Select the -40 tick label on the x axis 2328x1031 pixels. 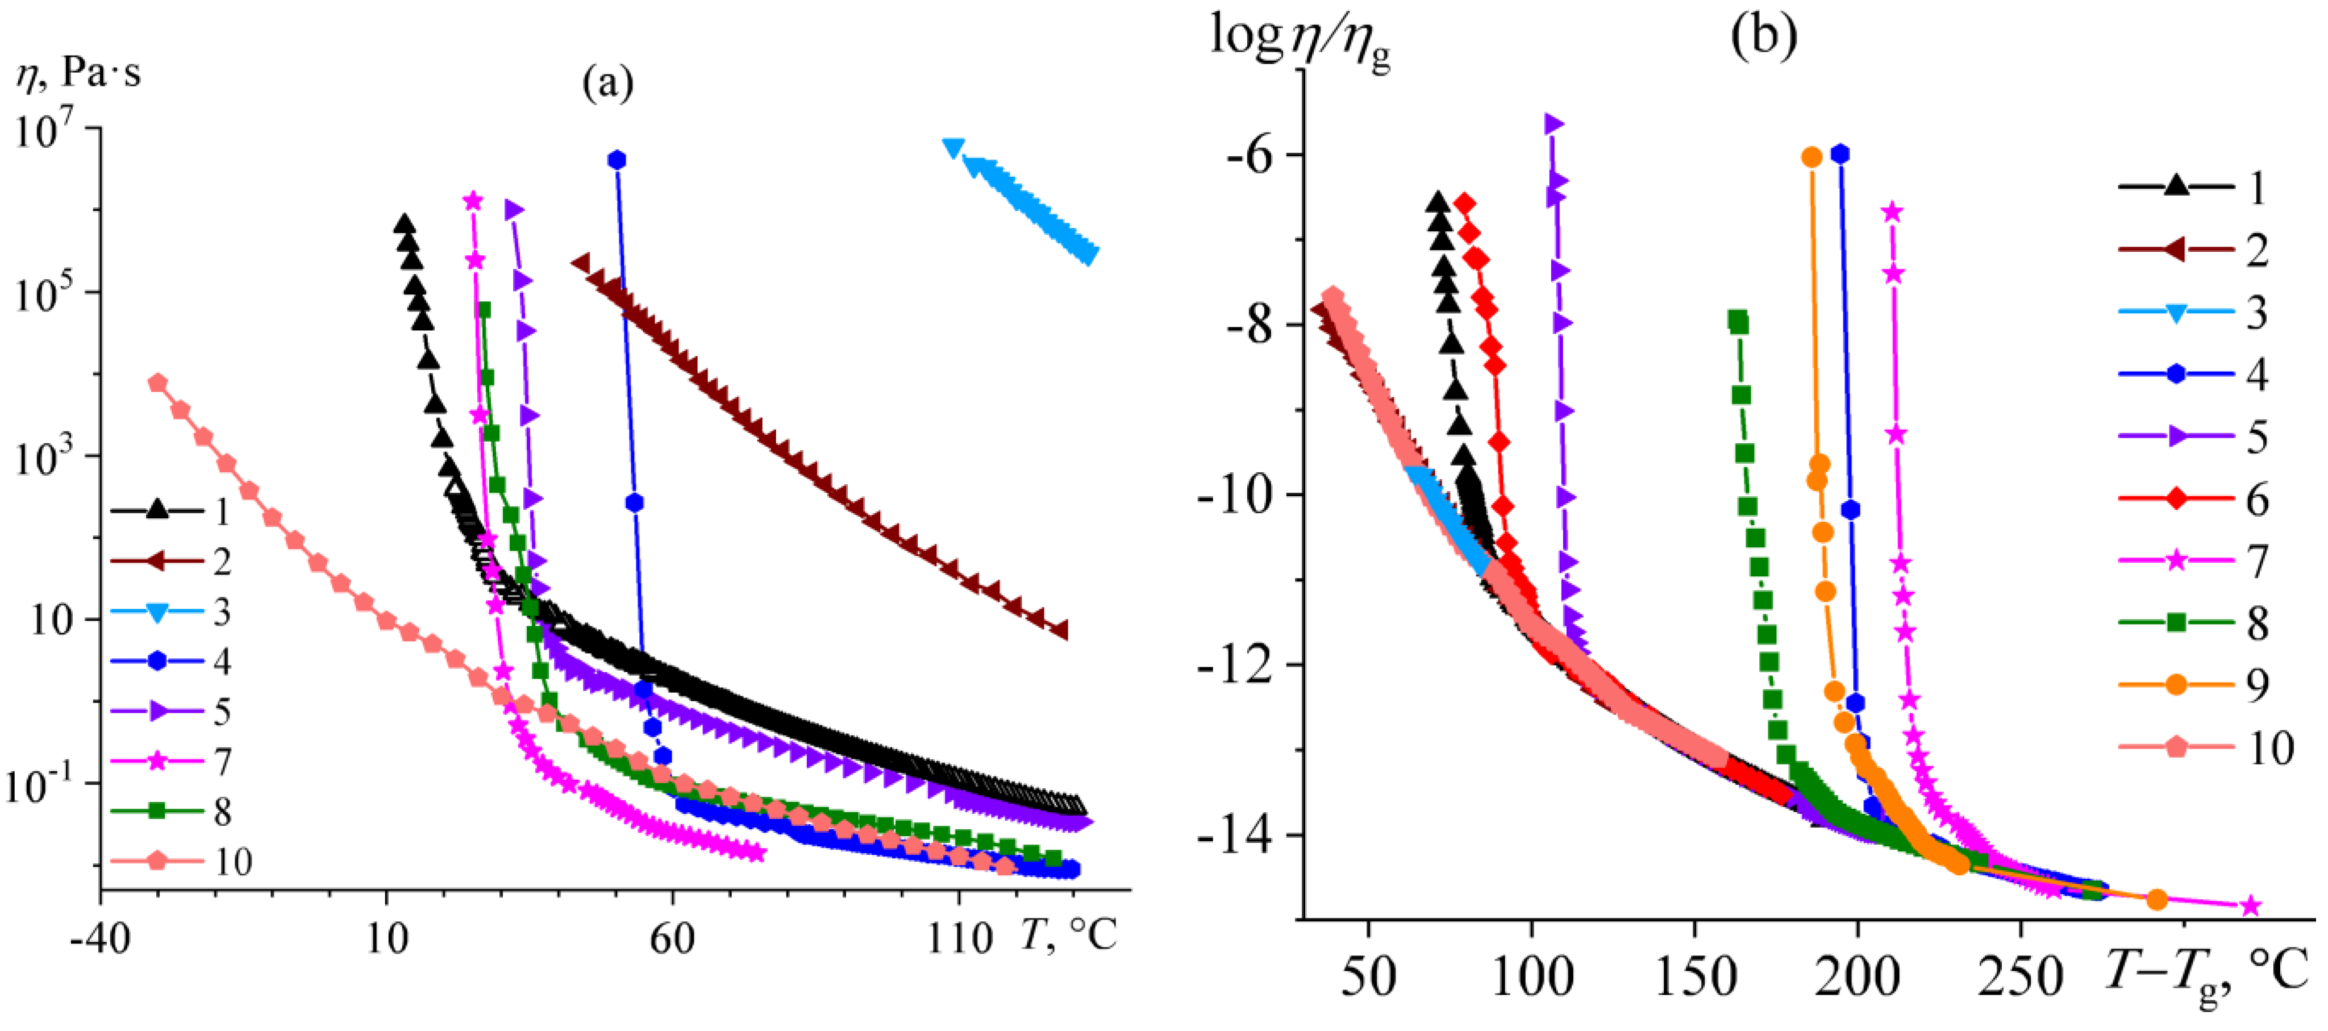point(99,939)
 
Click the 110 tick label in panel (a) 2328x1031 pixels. point(959,939)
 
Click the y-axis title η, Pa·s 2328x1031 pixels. point(80,72)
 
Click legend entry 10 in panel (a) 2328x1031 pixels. point(181,861)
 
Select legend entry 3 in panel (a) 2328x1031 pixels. point(181,613)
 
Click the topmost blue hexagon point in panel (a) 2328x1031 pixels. point(617,160)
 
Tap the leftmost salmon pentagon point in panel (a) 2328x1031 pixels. point(157,383)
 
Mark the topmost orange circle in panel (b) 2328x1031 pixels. point(1811,157)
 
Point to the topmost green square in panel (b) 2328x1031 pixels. point(1737,322)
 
